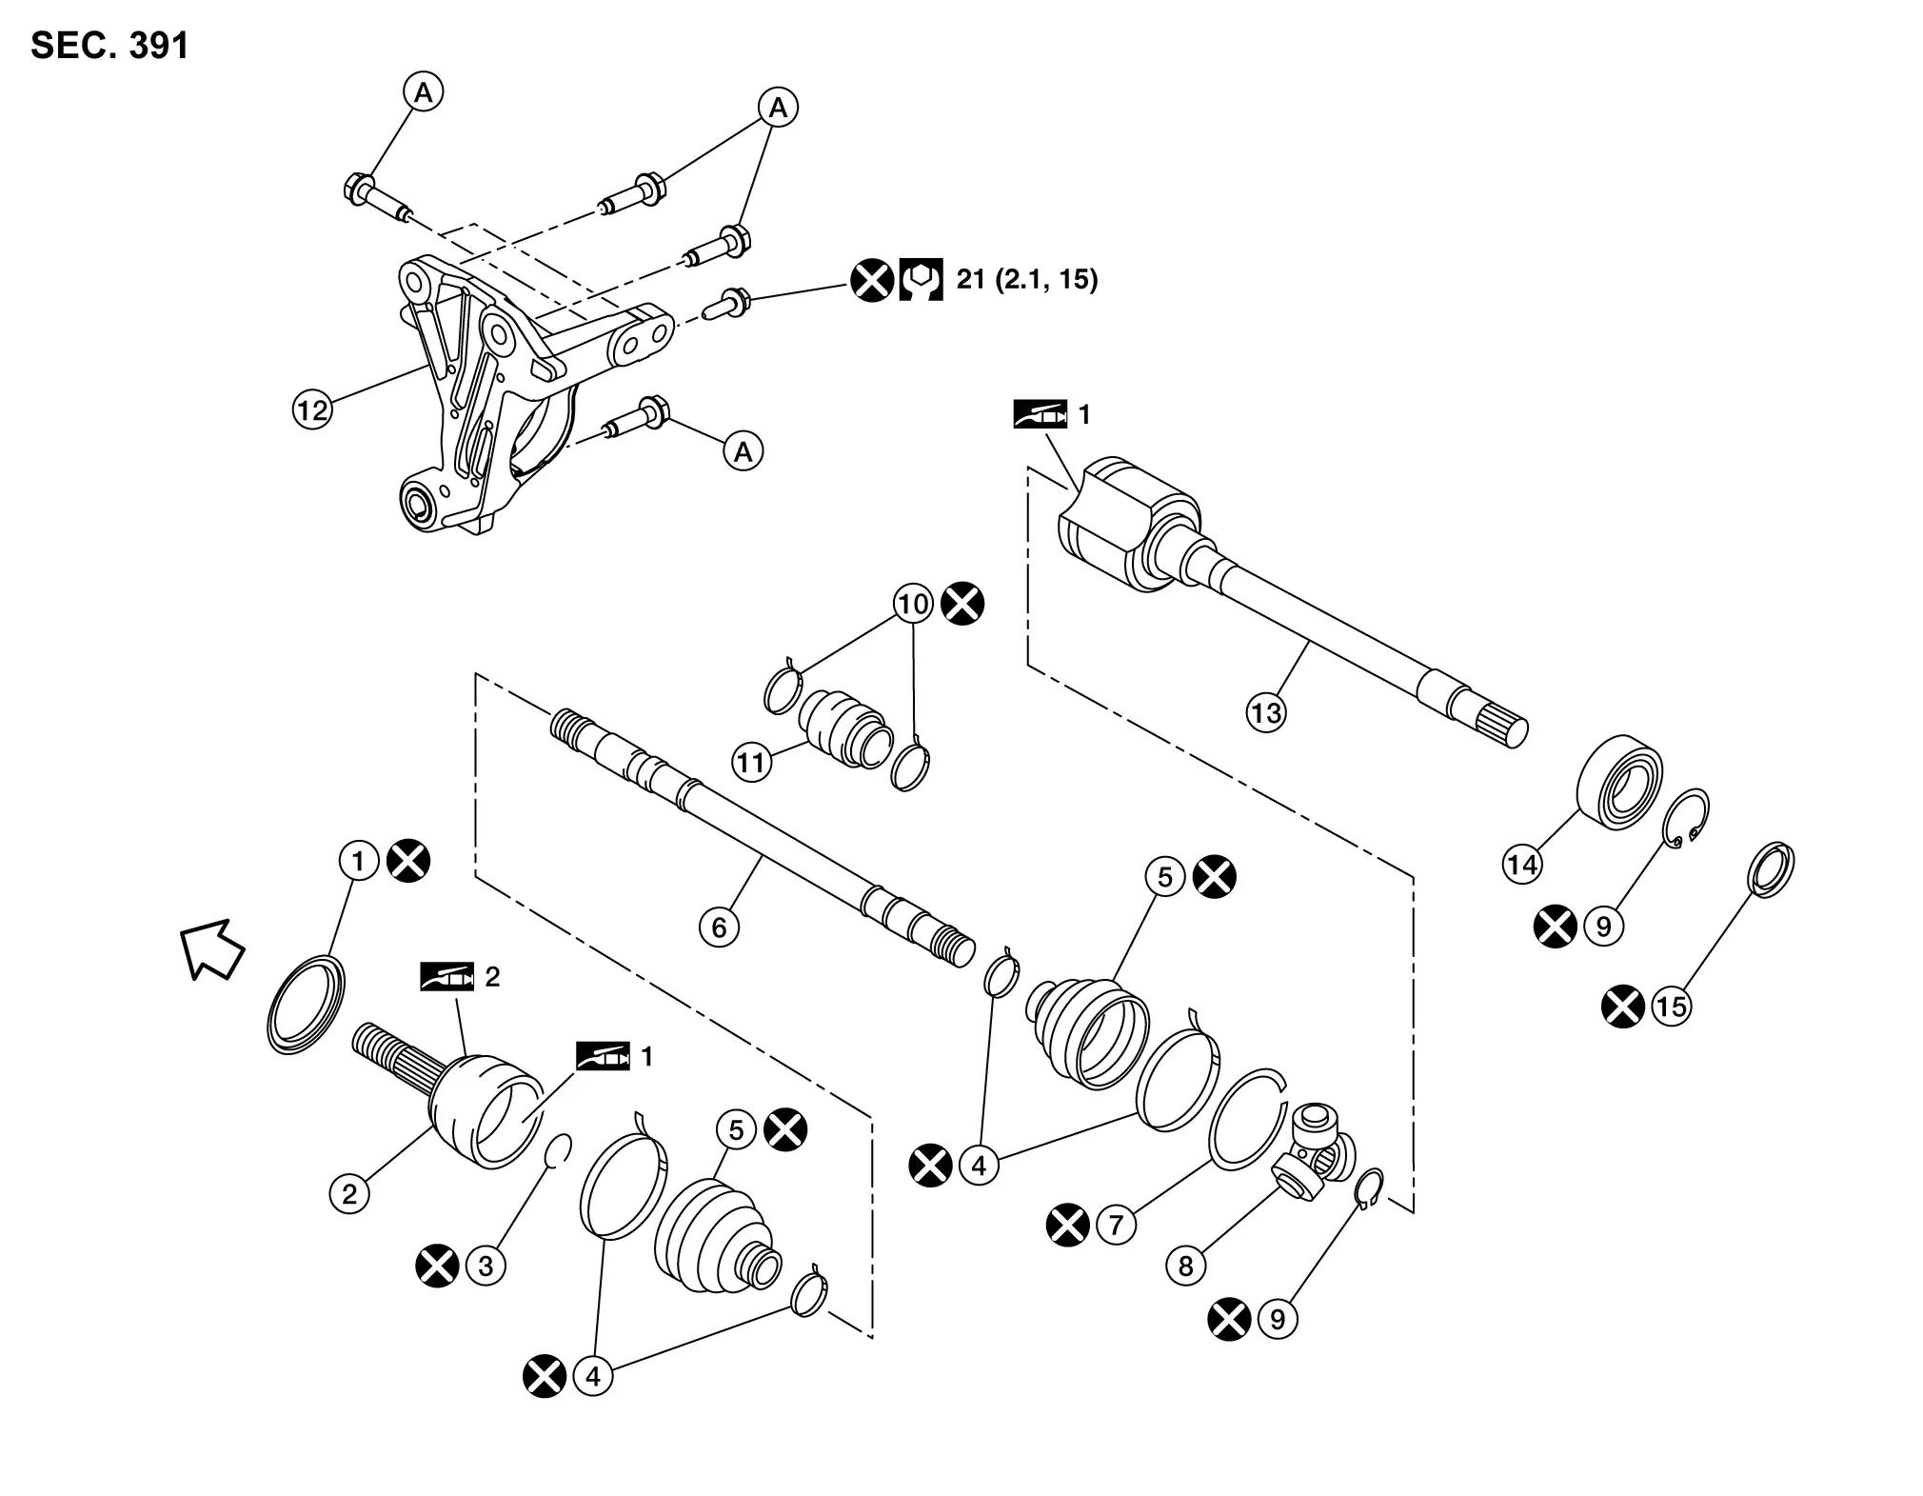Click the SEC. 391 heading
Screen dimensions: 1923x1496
[110, 46]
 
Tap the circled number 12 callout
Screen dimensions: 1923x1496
[312, 410]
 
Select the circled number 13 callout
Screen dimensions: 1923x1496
[1266, 712]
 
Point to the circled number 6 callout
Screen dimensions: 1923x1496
[719, 927]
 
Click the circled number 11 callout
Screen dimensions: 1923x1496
[751, 762]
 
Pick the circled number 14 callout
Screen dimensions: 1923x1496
[1522, 864]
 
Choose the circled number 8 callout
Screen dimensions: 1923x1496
[1186, 1266]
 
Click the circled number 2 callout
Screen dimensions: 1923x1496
[349, 1193]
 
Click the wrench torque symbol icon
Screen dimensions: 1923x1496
[921, 280]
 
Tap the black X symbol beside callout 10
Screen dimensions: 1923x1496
[962, 604]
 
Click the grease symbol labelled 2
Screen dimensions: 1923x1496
[446, 977]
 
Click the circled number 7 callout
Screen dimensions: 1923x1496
[1117, 1224]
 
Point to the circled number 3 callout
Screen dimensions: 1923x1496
[486, 1266]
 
